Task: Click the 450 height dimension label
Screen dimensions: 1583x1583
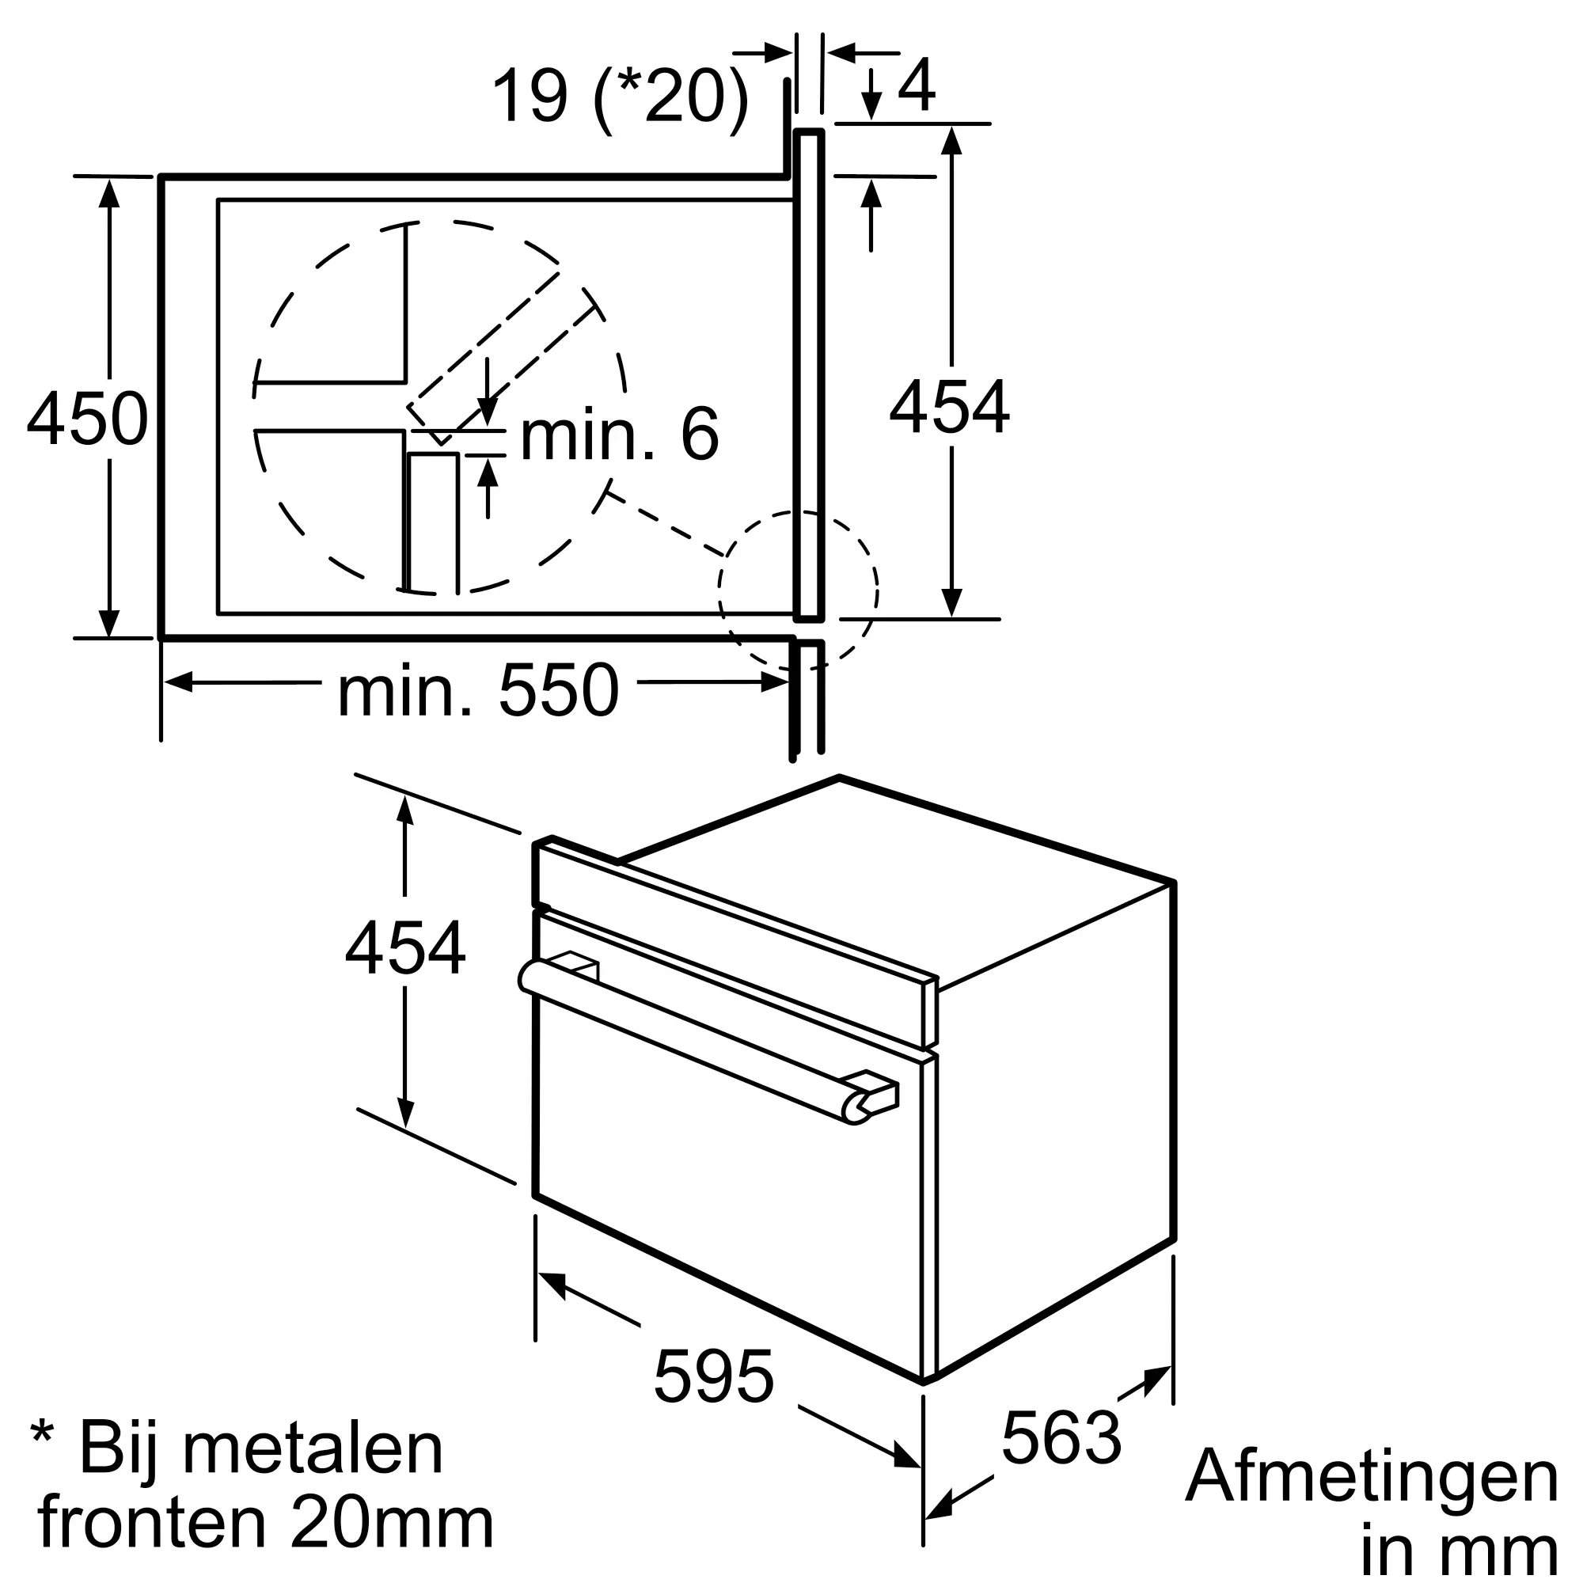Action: pyautogui.click(x=88, y=419)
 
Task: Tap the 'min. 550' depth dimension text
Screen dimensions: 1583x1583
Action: pyautogui.click(x=479, y=692)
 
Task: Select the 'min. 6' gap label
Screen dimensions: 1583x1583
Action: pyautogui.click(x=620, y=435)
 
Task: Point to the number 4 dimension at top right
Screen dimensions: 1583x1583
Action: pyautogui.click(x=916, y=85)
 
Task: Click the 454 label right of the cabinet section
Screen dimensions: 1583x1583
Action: pyautogui.click(x=950, y=407)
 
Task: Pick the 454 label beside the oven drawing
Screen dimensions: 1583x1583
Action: pyautogui.click(x=405, y=948)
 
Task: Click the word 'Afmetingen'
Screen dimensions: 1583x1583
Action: pyautogui.click(x=1372, y=1477)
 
